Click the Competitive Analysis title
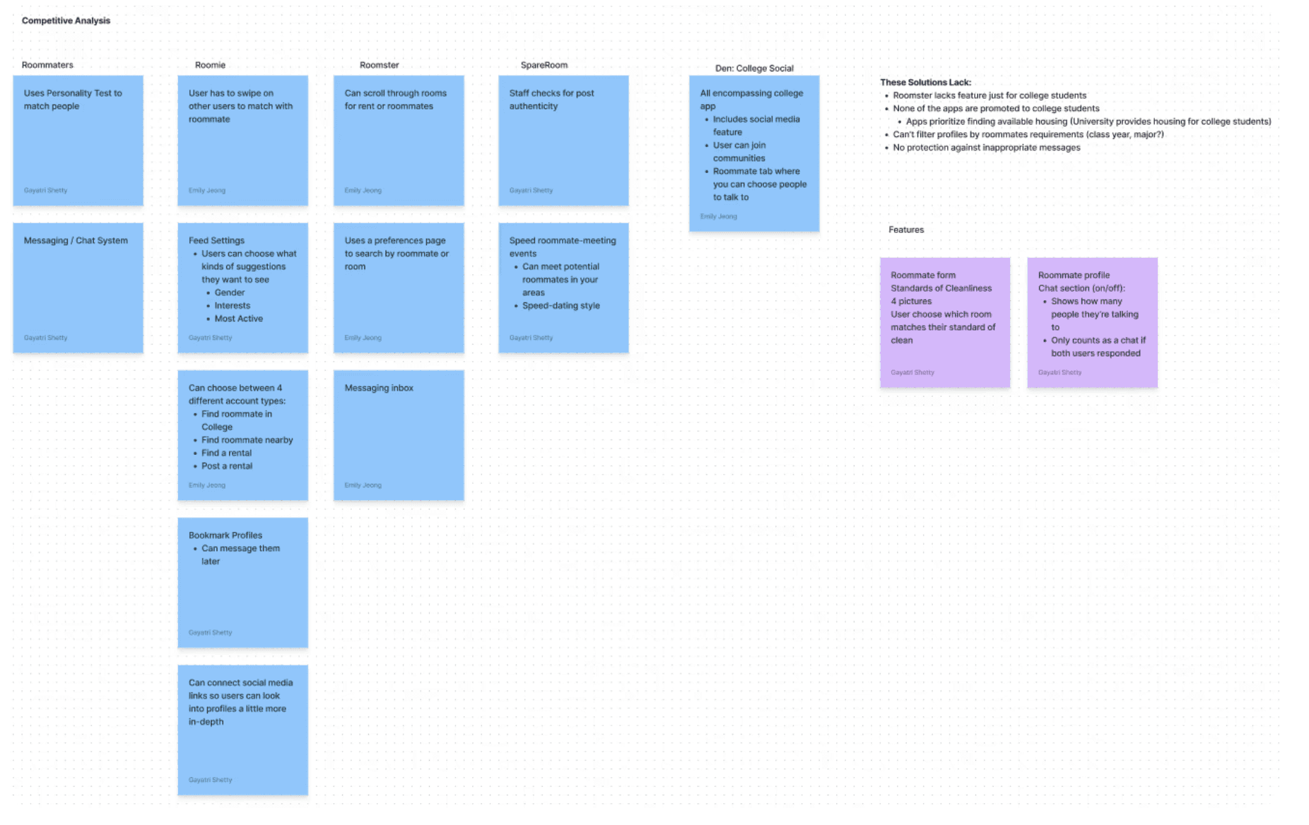[66, 20]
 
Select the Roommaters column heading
[47, 65]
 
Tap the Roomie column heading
[210, 65]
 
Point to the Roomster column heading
[379, 65]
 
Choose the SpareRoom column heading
[544, 65]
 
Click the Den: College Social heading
[753, 69]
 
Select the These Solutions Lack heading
[925, 83]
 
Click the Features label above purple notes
[905, 230]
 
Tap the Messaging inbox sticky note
[399, 434]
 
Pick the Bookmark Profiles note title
[225, 535]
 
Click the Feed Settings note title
[216, 241]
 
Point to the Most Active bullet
[238, 319]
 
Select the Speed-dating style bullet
[560, 306]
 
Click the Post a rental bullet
[226, 466]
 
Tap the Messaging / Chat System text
[76, 241]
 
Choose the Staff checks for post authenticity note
[563, 140]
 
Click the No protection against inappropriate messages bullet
[986, 148]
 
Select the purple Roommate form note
[944, 322]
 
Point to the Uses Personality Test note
[78, 140]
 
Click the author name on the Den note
[718, 216]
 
